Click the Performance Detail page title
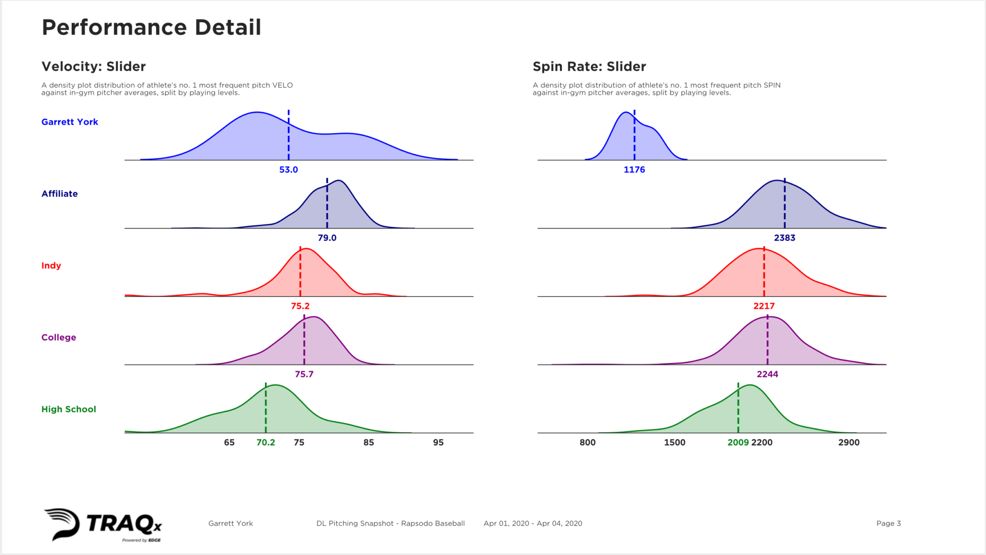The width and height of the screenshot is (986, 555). point(151,27)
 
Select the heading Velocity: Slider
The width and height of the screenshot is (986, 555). point(93,66)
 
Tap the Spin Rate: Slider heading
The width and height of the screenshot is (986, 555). point(589,66)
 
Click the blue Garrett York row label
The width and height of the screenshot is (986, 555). point(70,122)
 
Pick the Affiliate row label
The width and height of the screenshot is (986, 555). point(59,194)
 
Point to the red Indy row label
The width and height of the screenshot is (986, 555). point(51,265)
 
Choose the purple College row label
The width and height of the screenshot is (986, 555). point(59,337)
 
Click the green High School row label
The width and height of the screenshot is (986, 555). point(69,409)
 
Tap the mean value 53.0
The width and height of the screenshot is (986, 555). point(288,169)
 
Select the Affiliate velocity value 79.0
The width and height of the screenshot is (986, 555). point(327,238)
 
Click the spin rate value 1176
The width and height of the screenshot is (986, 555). point(634,169)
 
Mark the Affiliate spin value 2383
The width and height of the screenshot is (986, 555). point(784,238)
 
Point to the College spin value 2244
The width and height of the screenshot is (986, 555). point(767,374)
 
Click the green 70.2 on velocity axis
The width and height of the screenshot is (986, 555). point(265,442)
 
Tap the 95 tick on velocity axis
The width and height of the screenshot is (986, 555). point(438,442)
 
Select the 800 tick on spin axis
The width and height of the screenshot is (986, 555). point(587,442)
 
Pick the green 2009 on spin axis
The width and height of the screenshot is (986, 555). point(738,442)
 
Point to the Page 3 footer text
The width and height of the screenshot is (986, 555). point(888,523)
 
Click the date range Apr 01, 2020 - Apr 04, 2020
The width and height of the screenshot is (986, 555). point(532,523)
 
